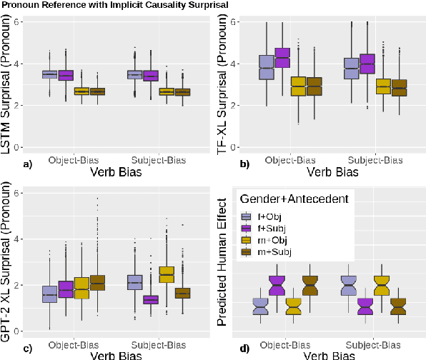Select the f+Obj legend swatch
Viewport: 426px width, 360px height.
pos(246,216)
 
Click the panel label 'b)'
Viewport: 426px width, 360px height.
pos(244,165)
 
